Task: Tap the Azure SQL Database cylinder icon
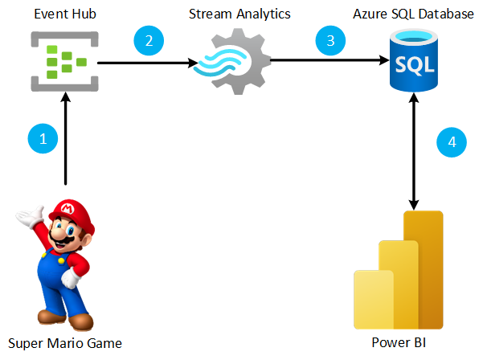(x=413, y=61)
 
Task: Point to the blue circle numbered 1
(x=43, y=137)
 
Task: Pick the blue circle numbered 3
(x=330, y=40)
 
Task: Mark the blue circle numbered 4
(x=452, y=142)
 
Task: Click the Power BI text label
(x=397, y=343)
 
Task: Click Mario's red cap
(x=70, y=209)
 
